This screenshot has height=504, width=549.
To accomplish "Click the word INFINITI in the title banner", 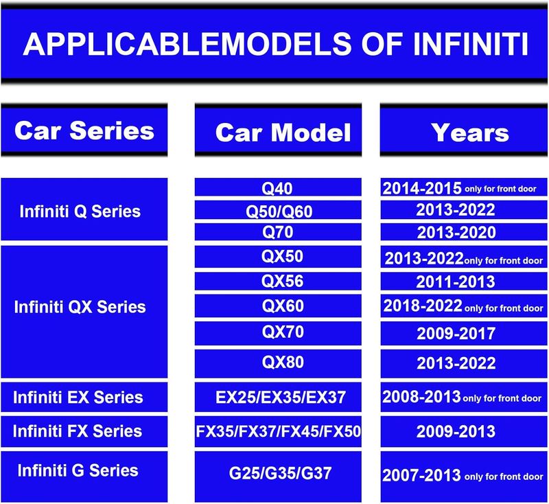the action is (x=470, y=44).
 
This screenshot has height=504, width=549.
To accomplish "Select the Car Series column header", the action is (x=84, y=130).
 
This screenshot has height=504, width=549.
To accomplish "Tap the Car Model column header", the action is (x=283, y=133).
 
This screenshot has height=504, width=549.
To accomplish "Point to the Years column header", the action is (x=470, y=133).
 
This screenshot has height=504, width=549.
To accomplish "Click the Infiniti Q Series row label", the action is (x=80, y=211).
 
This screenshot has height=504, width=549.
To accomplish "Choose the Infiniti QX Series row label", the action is (x=80, y=307).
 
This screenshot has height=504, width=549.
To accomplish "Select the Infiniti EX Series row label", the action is (x=78, y=397).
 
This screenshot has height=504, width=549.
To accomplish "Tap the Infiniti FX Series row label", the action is (x=78, y=431).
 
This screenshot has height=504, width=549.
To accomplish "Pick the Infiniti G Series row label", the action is (x=78, y=470).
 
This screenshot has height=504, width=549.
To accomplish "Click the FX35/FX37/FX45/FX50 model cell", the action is (x=278, y=431).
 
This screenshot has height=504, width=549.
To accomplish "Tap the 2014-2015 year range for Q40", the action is (x=422, y=188).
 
